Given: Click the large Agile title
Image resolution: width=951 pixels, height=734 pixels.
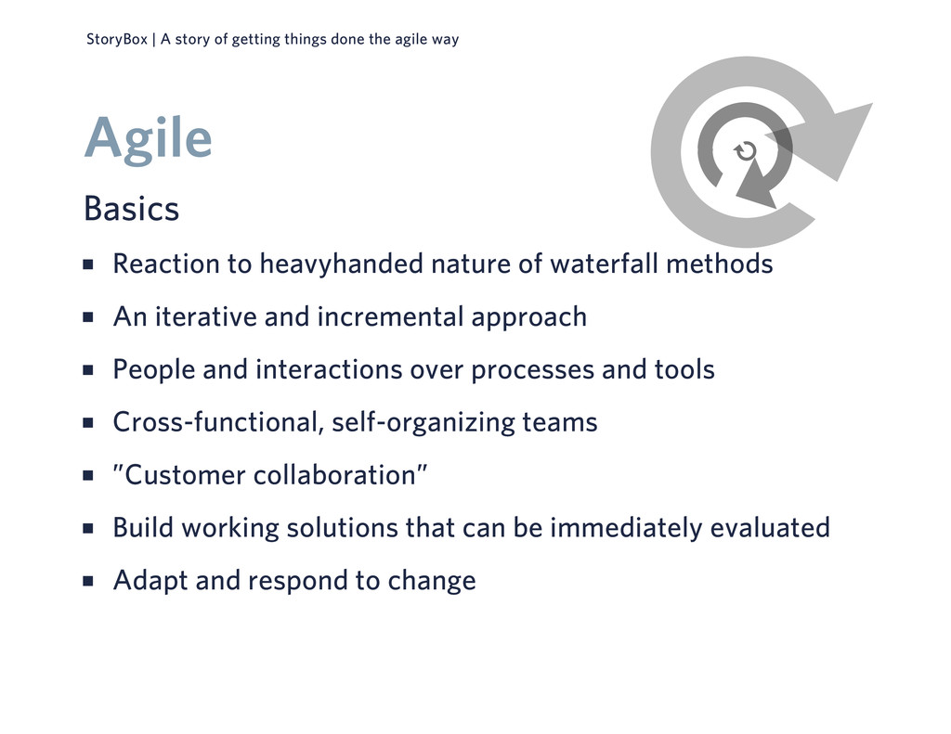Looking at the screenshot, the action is (148, 139).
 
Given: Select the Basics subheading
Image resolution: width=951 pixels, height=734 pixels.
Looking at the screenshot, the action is (131, 209).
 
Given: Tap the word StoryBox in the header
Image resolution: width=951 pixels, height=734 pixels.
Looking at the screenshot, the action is (117, 39).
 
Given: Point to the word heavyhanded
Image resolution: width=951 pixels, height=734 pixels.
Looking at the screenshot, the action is (342, 264).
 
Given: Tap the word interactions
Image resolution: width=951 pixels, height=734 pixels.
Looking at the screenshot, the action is (329, 369).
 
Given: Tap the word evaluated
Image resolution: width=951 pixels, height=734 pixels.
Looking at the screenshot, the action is (770, 527).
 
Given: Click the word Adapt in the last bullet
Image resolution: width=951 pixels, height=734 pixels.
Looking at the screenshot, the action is (150, 581).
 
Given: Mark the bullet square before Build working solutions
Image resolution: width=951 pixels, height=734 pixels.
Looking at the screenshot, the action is (88, 529).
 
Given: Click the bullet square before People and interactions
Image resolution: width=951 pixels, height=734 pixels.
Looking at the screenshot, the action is (88, 370).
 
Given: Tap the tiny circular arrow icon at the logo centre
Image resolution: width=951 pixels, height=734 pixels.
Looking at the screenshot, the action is (746, 151).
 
